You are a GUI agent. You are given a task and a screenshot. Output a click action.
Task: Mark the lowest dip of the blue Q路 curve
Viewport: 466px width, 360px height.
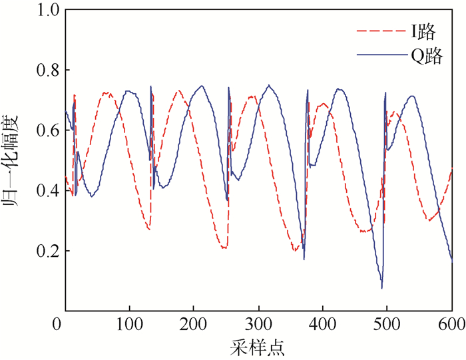tap(382, 287)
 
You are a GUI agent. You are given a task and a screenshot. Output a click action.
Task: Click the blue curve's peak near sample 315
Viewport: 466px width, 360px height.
tap(269, 85)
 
